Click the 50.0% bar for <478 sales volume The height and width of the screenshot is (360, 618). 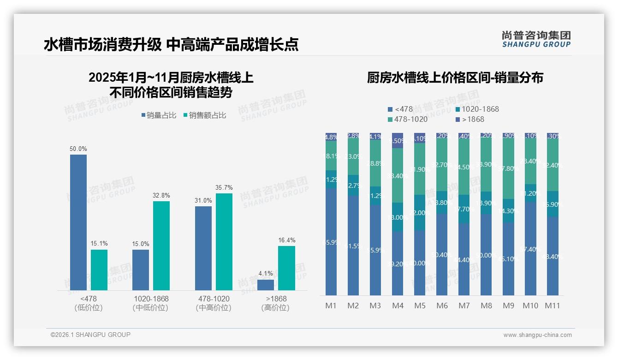tap(78, 222)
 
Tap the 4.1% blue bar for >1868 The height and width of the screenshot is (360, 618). tap(266, 285)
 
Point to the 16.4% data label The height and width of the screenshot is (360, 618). tap(287, 240)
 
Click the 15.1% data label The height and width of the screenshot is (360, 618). tap(99, 244)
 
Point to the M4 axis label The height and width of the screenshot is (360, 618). tap(398, 306)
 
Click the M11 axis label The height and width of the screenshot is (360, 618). tap(553, 306)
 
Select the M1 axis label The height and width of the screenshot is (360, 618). tap(331, 306)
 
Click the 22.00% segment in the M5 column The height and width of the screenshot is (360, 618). tap(420, 213)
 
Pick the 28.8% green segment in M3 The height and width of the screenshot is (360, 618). tap(375, 163)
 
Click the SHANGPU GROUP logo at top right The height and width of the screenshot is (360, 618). tap(536, 39)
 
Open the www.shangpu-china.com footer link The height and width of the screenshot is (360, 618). tap(537, 335)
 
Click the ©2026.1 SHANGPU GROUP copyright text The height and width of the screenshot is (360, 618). tap(90, 335)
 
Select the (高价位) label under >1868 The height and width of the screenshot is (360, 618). tap(276, 308)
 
